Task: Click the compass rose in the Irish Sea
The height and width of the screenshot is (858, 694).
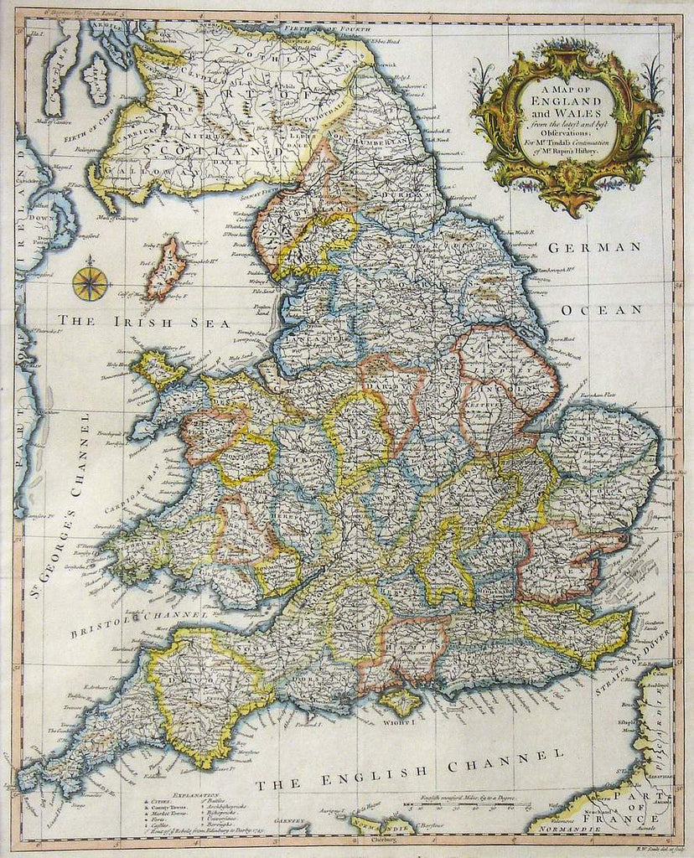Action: click(90, 283)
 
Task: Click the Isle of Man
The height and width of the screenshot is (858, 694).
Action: click(167, 268)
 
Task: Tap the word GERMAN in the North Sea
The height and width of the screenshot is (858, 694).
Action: click(594, 248)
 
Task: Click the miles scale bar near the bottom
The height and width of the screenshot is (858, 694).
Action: click(465, 809)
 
